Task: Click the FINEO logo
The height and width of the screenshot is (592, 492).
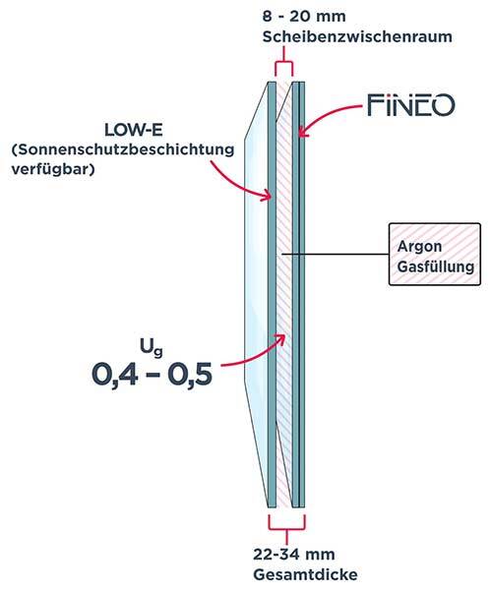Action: tap(411, 105)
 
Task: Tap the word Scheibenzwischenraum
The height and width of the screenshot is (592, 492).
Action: tap(357, 37)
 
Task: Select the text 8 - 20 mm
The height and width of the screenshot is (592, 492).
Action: tap(304, 17)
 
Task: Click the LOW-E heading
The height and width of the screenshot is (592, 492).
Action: tap(134, 130)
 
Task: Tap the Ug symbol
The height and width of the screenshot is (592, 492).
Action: tap(152, 349)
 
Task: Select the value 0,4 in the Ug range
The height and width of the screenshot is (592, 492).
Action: tap(114, 375)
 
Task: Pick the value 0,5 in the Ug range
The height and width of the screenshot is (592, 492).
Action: tap(190, 375)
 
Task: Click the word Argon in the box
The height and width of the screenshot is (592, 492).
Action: tap(419, 247)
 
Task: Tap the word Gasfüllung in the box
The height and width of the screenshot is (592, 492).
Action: tap(436, 266)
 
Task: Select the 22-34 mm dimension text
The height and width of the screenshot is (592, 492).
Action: tap(294, 555)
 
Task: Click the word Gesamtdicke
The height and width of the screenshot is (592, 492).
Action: tap(305, 574)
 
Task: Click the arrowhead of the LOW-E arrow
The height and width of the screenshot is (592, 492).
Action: tap(268, 196)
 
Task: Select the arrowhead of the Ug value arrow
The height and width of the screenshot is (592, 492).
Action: tap(280, 337)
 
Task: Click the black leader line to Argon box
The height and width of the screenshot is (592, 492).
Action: tap(336, 254)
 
